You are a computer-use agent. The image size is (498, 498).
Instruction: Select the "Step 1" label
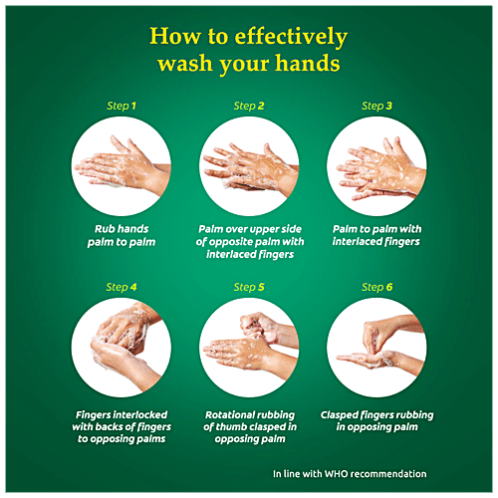coord(121,106)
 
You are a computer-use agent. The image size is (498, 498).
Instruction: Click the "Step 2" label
coord(248,106)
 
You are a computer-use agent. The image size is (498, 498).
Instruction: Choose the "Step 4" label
coord(121,287)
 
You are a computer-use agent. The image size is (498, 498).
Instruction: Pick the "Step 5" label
coord(248,287)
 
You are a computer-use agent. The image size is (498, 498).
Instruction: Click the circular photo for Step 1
coord(121,163)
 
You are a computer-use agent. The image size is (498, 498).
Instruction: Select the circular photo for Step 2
coord(248,163)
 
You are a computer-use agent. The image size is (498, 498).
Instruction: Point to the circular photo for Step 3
coord(376,163)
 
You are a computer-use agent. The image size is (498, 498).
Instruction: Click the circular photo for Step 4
coord(121,346)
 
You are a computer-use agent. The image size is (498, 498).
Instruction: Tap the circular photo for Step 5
coord(248,346)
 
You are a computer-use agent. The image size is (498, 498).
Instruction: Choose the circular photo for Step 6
coord(376,346)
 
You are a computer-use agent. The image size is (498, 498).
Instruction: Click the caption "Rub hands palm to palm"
coord(121,234)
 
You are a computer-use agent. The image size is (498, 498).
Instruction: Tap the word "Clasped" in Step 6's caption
coord(343,414)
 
